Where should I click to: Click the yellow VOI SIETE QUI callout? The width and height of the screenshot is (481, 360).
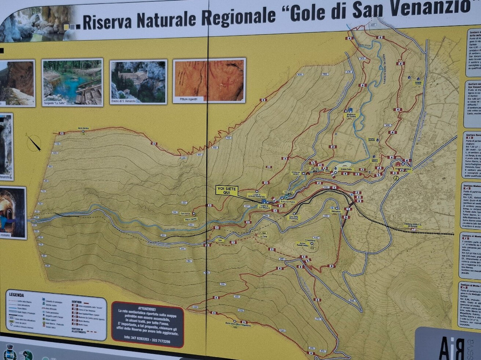pyautogui.click(x=227, y=190)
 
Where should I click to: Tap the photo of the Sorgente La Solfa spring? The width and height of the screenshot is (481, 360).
pyautogui.click(x=72, y=82)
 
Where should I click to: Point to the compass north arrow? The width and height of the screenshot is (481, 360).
pyautogui.click(x=33, y=142)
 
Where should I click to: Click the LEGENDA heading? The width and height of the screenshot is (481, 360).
pyautogui.click(x=16, y=295)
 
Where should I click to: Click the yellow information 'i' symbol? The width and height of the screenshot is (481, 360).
pyautogui.click(x=396, y=178)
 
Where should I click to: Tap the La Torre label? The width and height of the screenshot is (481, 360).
pyautogui.click(x=264, y=236)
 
